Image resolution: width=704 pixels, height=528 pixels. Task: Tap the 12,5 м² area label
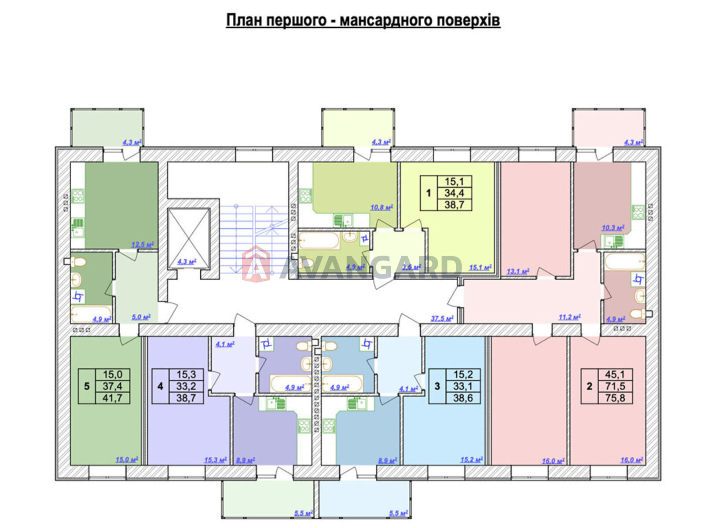(x=143, y=245)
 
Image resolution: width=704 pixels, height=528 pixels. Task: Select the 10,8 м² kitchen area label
(x=381, y=208)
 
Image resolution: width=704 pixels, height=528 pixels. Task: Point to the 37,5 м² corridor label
(x=442, y=318)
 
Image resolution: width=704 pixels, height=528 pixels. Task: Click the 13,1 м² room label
(x=517, y=271)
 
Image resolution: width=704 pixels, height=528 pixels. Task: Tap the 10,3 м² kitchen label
(x=613, y=228)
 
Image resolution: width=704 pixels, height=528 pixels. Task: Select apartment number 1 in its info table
(x=429, y=193)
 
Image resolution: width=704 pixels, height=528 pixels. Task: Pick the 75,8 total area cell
(x=615, y=398)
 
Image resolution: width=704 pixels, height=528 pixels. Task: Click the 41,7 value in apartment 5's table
(x=112, y=398)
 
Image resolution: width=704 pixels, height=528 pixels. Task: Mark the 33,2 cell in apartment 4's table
(x=186, y=386)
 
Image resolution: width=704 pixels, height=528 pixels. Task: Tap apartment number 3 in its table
(x=437, y=386)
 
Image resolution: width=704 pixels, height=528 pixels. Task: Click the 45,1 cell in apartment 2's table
(x=615, y=374)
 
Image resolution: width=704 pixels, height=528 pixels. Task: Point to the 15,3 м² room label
(x=216, y=460)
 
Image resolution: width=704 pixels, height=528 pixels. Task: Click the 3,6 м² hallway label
(x=411, y=267)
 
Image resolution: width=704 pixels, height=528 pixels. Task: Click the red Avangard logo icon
(x=256, y=264)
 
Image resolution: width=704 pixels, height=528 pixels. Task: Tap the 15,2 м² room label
(x=472, y=460)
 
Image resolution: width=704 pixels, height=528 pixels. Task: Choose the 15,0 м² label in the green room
(x=127, y=460)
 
